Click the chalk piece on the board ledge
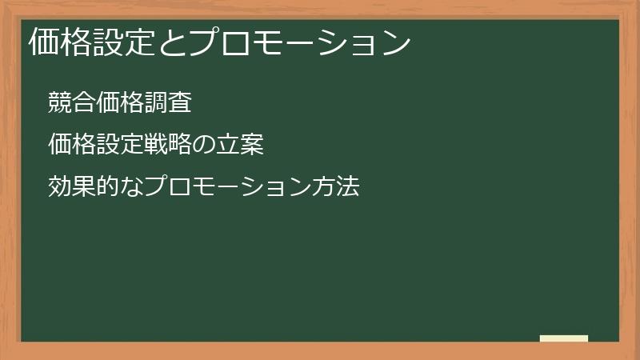tap(564, 338)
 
